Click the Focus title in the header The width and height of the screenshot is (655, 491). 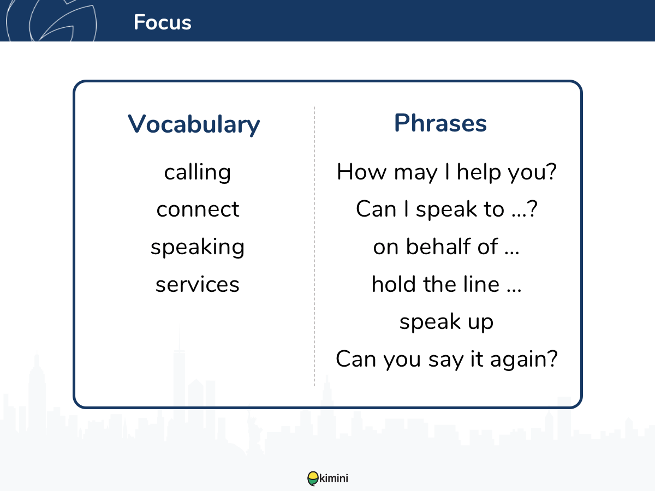point(162,22)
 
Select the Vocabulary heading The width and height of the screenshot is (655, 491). point(194,124)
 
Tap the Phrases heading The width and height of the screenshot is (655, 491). point(440,123)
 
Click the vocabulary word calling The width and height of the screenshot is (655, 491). point(197,172)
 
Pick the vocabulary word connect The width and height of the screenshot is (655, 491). point(198,209)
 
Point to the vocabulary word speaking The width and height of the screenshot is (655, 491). point(198,247)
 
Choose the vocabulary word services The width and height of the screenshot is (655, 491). point(197,284)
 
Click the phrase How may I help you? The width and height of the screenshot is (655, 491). point(446,172)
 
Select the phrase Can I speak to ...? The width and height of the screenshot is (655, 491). point(446,209)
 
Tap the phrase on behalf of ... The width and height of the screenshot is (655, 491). point(446,247)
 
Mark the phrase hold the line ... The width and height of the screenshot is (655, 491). point(446,284)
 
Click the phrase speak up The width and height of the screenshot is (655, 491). point(446,322)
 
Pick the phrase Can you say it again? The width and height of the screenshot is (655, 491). point(446,359)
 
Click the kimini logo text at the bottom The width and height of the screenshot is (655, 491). point(334,478)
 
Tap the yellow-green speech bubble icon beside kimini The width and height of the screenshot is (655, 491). point(313,478)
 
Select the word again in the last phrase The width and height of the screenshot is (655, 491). point(523,360)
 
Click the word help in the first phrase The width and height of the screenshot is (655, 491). point(479,172)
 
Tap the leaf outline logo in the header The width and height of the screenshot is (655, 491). point(51,20)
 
